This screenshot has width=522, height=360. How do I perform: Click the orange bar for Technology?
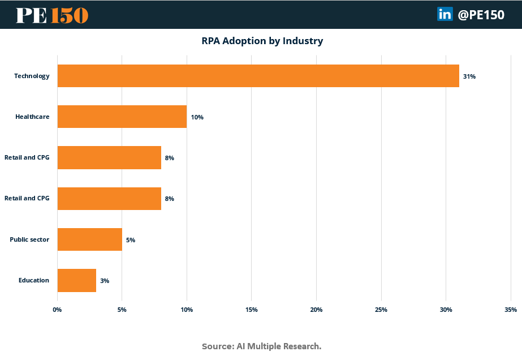point(258,76)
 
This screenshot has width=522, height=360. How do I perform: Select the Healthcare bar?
point(122,117)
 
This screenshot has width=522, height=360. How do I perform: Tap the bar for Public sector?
point(89,239)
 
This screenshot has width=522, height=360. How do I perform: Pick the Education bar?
point(76,280)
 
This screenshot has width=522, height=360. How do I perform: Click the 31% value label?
point(469,76)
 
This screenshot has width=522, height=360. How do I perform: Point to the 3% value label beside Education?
point(105,281)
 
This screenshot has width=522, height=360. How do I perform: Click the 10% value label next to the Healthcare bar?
point(197,117)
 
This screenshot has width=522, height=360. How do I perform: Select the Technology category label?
point(32,76)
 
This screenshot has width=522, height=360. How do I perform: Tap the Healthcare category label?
point(32,117)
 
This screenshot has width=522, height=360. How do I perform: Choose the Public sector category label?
point(29,239)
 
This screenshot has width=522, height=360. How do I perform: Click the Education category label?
point(33,280)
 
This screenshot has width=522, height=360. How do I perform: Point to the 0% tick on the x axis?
point(57,310)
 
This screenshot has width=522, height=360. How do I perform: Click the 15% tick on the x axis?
point(252,310)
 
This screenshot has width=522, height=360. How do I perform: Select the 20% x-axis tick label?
point(316,310)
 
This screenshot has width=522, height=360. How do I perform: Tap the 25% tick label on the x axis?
point(381,310)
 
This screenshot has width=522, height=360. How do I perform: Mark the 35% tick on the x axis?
point(510,310)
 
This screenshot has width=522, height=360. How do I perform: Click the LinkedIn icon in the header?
point(445,15)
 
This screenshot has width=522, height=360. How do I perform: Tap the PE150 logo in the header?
point(52,15)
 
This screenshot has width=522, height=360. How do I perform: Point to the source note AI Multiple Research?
point(261,346)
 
